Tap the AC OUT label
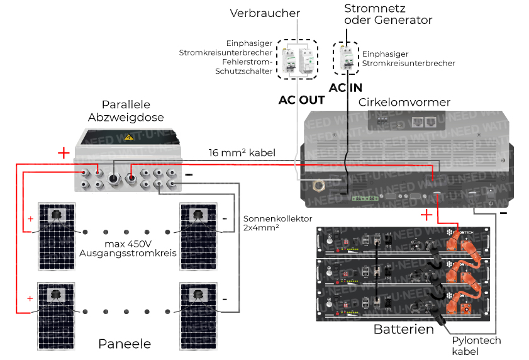(x=301, y=100)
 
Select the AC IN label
(x=345, y=88)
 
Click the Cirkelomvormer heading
(x=404, y=102)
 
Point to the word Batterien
(x=403, y=329)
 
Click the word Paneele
(x=125, y=344)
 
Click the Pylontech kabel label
(x=476, y=346)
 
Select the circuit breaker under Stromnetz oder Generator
(x=345, y=59)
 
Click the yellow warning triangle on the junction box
(x=129, y=137)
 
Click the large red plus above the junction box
(x=64, y=153)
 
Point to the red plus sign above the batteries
(x=426, y=215)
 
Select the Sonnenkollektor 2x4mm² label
(x=277, y=223)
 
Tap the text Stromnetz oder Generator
(x=389, y=14)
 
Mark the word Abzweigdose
(x=126, y=117)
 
